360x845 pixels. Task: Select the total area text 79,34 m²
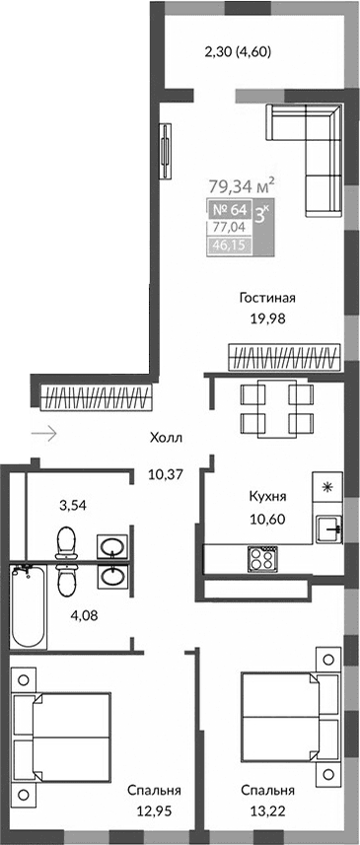[x=241, y=184]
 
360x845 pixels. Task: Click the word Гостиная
[x=267, y=297]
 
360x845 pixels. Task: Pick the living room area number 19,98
[x=267, y=317]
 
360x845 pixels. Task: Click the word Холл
[x=167, y=439]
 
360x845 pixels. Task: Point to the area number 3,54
[x=71, y=506]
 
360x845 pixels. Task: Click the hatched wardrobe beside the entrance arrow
[x=99, y=398]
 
